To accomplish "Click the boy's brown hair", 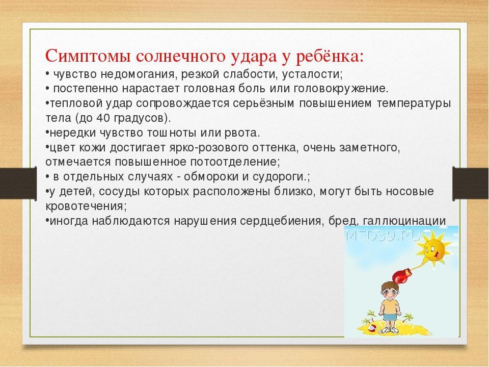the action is (389, 285).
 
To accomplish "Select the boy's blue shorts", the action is (389, 317).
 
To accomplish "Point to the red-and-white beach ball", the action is (372, 328).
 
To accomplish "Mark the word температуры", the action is (414, 103).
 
